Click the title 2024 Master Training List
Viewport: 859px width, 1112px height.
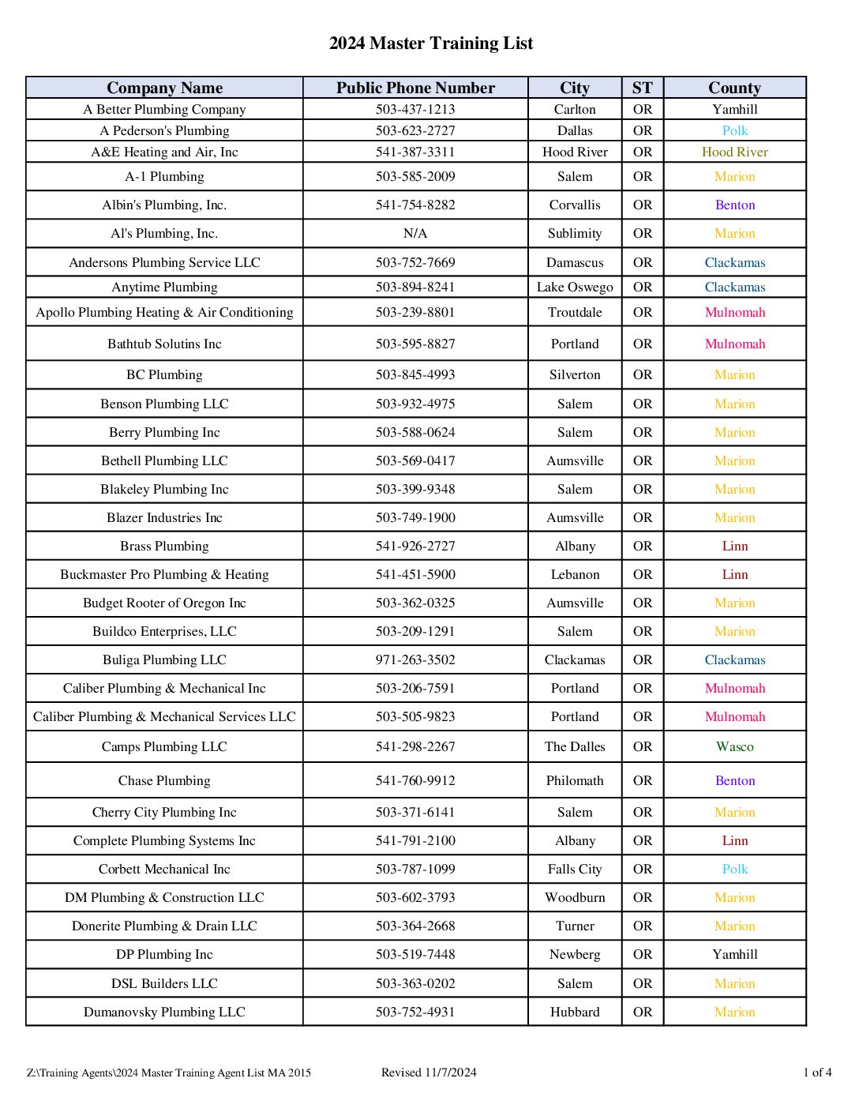(430, 43)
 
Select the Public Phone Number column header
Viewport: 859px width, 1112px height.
(415, 88)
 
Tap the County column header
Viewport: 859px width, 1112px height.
(734, 88)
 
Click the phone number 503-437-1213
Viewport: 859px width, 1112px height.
(415, 109)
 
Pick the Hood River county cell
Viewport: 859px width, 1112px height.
(734, 152)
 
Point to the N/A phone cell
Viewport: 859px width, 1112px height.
(415, 233)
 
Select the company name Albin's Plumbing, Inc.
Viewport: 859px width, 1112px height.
(164, 205)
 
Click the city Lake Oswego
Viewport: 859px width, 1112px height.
(575, 287)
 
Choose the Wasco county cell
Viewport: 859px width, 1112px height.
(734, 746)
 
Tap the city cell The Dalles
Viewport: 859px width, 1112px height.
(575, 746)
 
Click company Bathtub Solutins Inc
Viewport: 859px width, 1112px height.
(164, 344)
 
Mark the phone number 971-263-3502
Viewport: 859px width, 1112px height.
(415, 659)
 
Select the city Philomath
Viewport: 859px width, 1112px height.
(575, 780)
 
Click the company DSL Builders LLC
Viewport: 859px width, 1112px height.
(164, 983)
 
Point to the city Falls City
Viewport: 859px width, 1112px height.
(575, 869)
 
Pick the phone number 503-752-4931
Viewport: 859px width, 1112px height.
(415, 1012)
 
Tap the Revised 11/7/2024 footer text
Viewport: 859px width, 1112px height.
(429, 1072)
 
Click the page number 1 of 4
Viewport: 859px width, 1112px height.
(817, 1072)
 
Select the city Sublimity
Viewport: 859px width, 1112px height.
(575, 233)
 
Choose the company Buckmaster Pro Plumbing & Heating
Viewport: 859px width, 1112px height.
(164, 574)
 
